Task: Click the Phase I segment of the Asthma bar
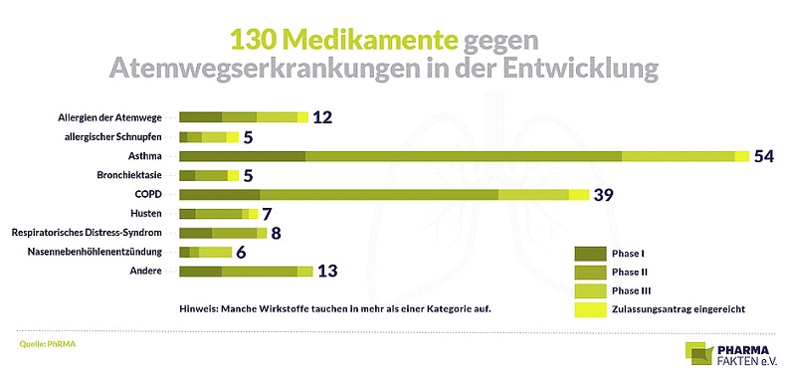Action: [242, 156]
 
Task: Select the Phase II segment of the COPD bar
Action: [378, 194]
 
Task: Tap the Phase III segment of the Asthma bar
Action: [678, 156]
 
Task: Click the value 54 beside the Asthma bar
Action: [764, 156]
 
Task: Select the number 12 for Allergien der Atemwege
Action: [322, 117]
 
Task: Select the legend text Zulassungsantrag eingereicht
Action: [678, 309]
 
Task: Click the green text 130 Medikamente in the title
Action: [343, 39]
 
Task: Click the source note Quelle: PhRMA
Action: [48, 343]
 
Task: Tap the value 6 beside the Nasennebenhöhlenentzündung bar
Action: [241, 253]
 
